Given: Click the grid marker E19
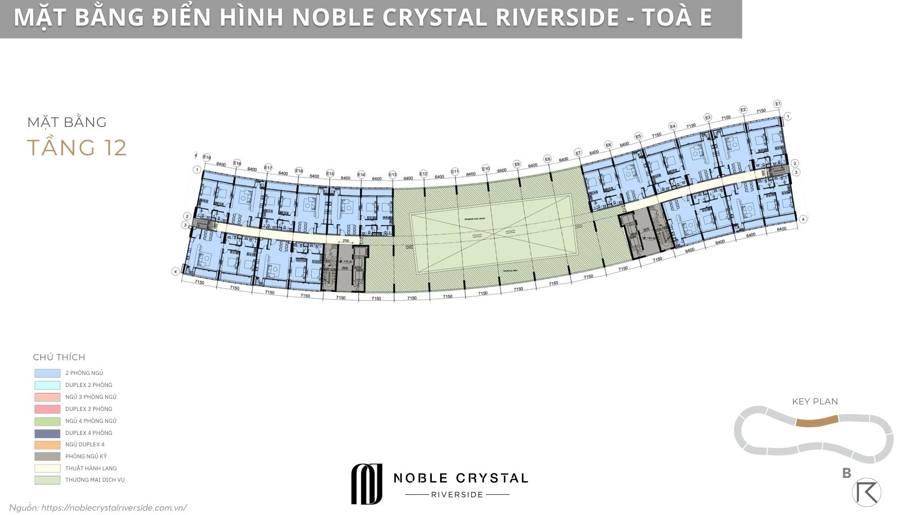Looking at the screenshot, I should tap(206, 157).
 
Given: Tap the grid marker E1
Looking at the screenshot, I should tap(778, 104).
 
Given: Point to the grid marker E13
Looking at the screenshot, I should tap(393, 174).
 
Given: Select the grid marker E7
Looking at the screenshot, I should tap(578, 153).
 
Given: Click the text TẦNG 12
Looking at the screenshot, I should tap(77, 148).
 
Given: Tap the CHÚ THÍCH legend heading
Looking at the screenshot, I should tap(59, 357).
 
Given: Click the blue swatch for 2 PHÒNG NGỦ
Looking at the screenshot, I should tap(47, 373).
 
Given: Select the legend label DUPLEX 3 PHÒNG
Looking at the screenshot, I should tap(89, 409).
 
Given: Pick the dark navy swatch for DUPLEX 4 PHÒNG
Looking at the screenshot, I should tap(47, 433).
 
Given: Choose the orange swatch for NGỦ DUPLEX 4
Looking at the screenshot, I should tap(47, 445).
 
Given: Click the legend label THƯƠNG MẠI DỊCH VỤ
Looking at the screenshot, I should tap(95, 480).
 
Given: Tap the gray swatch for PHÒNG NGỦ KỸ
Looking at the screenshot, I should tap(47, 457).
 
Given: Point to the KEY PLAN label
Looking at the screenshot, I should tap(815, 402).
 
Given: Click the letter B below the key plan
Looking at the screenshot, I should tap(846, 473).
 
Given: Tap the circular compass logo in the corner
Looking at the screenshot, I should tap(866, 492).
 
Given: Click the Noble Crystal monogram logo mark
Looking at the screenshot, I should tap(367, 483).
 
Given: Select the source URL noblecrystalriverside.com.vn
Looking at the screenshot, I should tap(114, 507).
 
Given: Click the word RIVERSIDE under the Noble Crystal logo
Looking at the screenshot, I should tap(457, 495).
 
